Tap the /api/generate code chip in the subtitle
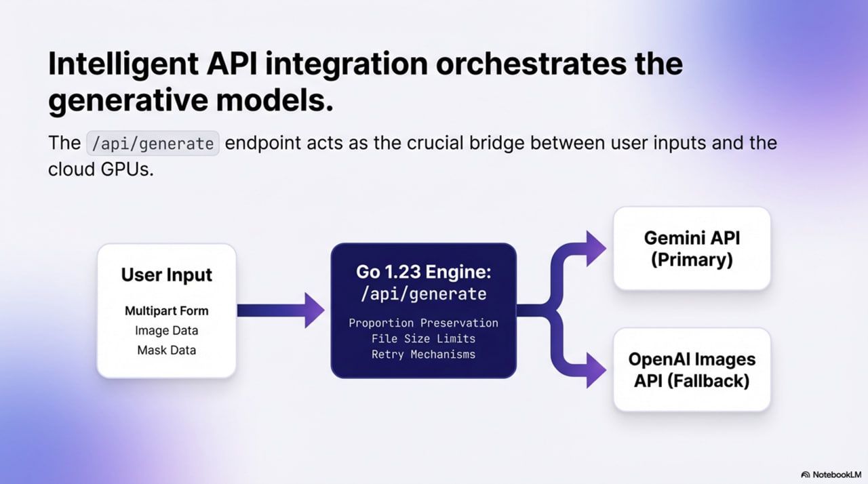[x=153, y=144]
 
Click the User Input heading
[x=166, y=275]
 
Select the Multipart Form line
[x=166, y=311]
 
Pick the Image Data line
[x=166, y=331]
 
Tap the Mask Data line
[x=166, y=350]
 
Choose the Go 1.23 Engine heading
[x=423, y=273]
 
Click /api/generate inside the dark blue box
[x=423, y=294]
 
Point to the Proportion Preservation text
[x=423, y=323]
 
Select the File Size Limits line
[x=423, y=338]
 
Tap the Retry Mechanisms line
[x=423, y=354]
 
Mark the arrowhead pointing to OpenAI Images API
[x=595, y=371]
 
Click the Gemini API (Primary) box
[x=692, y=248]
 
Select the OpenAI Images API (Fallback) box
[x=692, y=369]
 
